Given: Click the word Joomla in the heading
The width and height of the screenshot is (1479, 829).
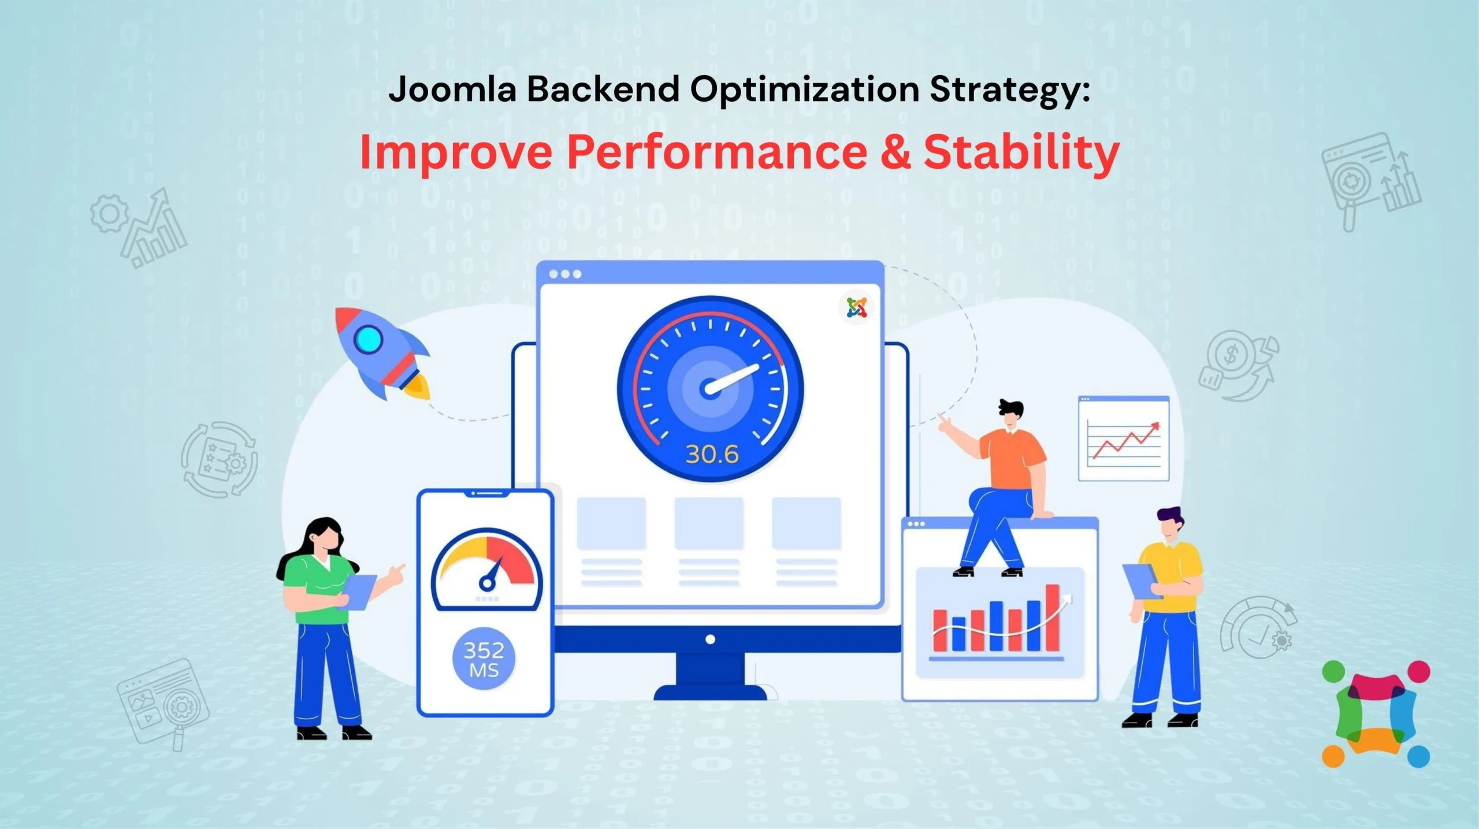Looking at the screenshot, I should (x=452, y=90).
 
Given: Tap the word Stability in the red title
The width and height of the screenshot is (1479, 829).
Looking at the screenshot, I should (x=1021, y=151).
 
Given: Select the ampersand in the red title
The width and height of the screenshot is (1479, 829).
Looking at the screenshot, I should (x=894, y=151).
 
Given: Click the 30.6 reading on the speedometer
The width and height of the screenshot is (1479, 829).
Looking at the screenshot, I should (x=712, y=455).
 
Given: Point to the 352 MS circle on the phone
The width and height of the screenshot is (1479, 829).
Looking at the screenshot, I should (x=484, y=659).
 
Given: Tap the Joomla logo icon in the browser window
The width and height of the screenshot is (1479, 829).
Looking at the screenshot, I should (x=857, y=307).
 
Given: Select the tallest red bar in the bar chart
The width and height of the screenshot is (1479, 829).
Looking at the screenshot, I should (x=1052, y=618).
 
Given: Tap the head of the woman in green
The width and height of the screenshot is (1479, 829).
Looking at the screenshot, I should (x=324, y=536).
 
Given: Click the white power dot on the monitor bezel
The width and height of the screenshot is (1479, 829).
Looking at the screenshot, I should (x=711, y=640).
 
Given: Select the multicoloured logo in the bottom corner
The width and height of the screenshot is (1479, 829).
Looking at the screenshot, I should (x=1376, y=714).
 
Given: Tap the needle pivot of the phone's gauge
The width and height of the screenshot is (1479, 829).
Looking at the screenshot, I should (x=487, y=583).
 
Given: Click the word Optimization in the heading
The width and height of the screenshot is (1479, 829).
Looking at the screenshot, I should (x=804, y=90).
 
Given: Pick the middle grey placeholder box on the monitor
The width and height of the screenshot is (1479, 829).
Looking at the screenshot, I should (x=709, y=523).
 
